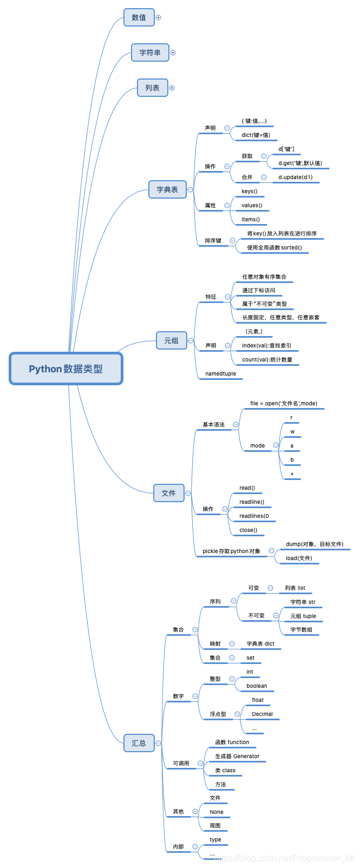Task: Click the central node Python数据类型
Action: point(66,369)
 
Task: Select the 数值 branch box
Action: point(139,17)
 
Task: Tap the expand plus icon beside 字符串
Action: point(173,52)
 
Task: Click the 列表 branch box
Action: point(153,88)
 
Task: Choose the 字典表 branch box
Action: point(167,189)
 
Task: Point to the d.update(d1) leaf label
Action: point(296,177)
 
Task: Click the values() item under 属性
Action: point(252,205)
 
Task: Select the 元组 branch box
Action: point(171,340)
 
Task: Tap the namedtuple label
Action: point(221,374)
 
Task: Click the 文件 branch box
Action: point(169,493)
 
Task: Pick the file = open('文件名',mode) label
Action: point(284,403)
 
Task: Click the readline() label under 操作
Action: point(252,502)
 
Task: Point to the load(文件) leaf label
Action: point(299,558)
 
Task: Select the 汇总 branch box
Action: point(139,743)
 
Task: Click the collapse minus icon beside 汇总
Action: point(159,743)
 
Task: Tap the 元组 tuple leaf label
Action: point(303,616)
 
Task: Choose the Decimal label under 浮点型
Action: point(263,714)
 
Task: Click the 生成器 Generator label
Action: point(237,756)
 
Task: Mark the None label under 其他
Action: point(217,812)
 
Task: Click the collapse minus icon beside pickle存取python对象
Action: point(271,550)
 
